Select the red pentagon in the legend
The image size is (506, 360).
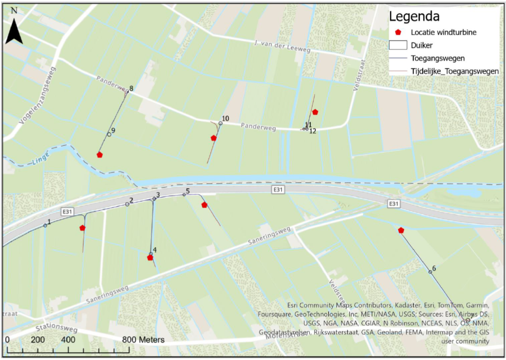[398, 32]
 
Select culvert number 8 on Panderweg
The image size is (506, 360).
[127, 91]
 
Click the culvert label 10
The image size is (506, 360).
[225, 119]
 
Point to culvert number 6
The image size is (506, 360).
[431, 271]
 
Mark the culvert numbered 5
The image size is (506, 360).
[184, 194]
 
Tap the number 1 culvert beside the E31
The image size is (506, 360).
[45, 225]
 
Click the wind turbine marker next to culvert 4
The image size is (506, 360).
[150, 258]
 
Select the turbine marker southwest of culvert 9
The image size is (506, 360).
[99, 155]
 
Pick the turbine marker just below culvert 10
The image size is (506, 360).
[214, 138]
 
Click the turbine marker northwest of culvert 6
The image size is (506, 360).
[401, 230]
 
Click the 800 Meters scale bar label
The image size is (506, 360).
[144, 339]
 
